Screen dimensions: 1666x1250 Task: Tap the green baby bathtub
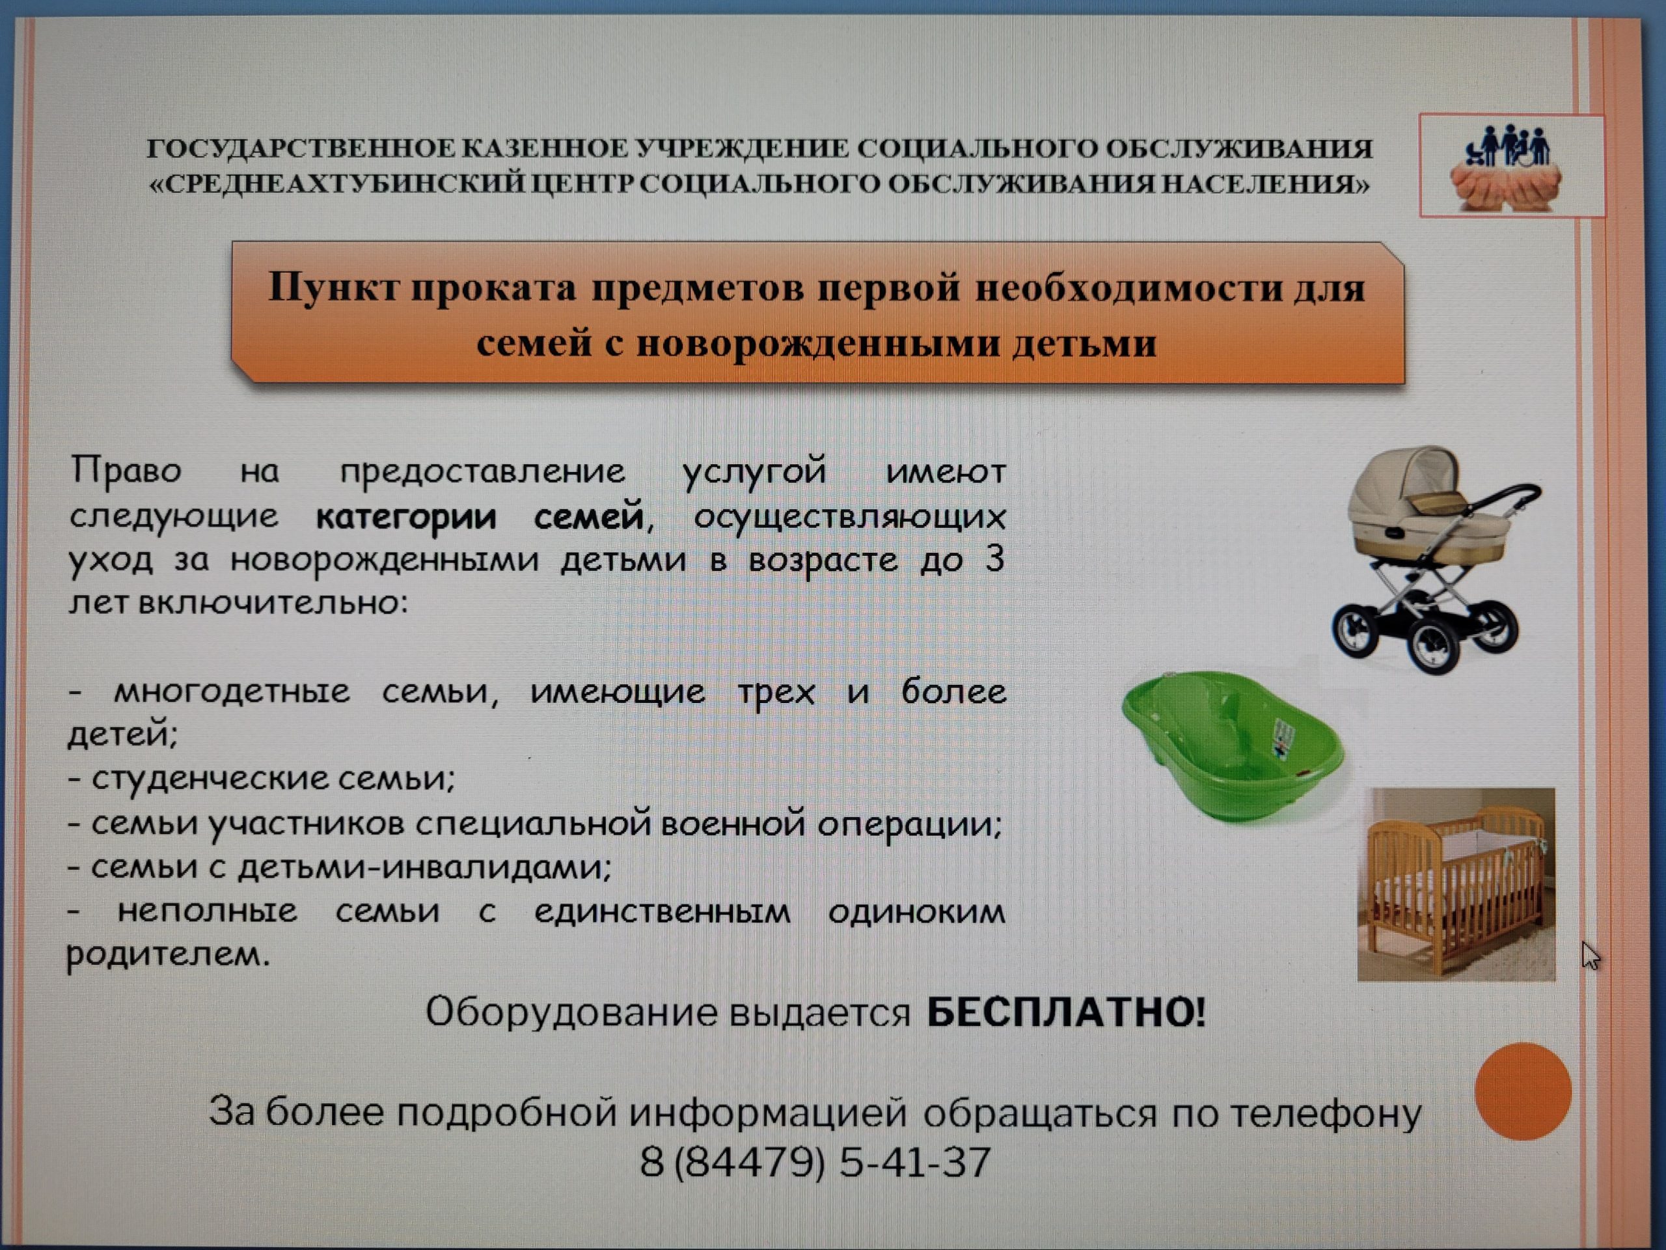[x=1232, y=747]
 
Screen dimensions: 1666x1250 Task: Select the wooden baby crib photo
[x=1456, y=885]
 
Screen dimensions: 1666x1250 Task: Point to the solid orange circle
[x=1523, y=1090]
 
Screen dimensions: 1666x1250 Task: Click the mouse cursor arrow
[x=1591, y=955]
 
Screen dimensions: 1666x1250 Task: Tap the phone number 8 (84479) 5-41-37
[x=815, y=1161]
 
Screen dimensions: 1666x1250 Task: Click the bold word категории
[x=406, y=518]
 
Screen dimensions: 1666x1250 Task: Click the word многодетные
[x=232, y=691]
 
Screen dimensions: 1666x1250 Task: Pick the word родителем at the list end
[x=167, y=955]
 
